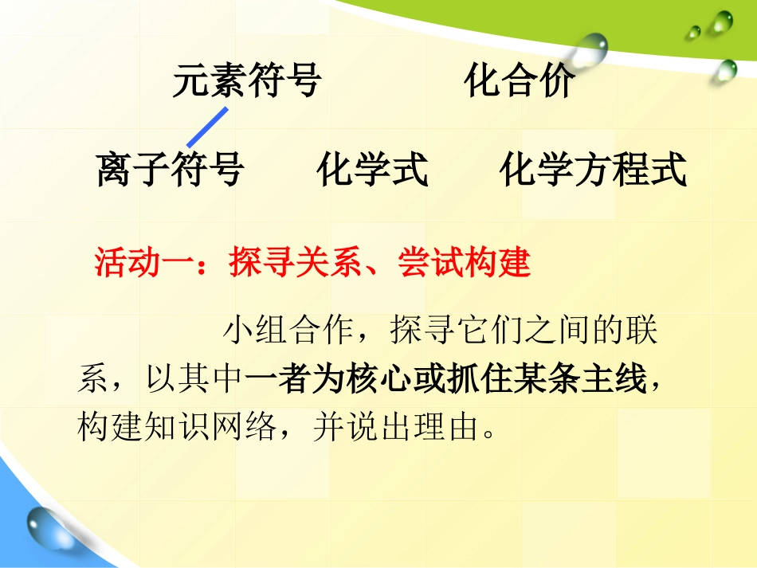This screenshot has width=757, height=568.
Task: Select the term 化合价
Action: pyautogui.click(x=519, y=81)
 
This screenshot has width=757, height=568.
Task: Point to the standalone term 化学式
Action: pyautogui.click(x=372, y=170)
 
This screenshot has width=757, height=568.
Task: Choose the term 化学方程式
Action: pyautogui.click(x=594, y=170)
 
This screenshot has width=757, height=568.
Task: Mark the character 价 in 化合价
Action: pyautogui.click(x=555, y=81)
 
